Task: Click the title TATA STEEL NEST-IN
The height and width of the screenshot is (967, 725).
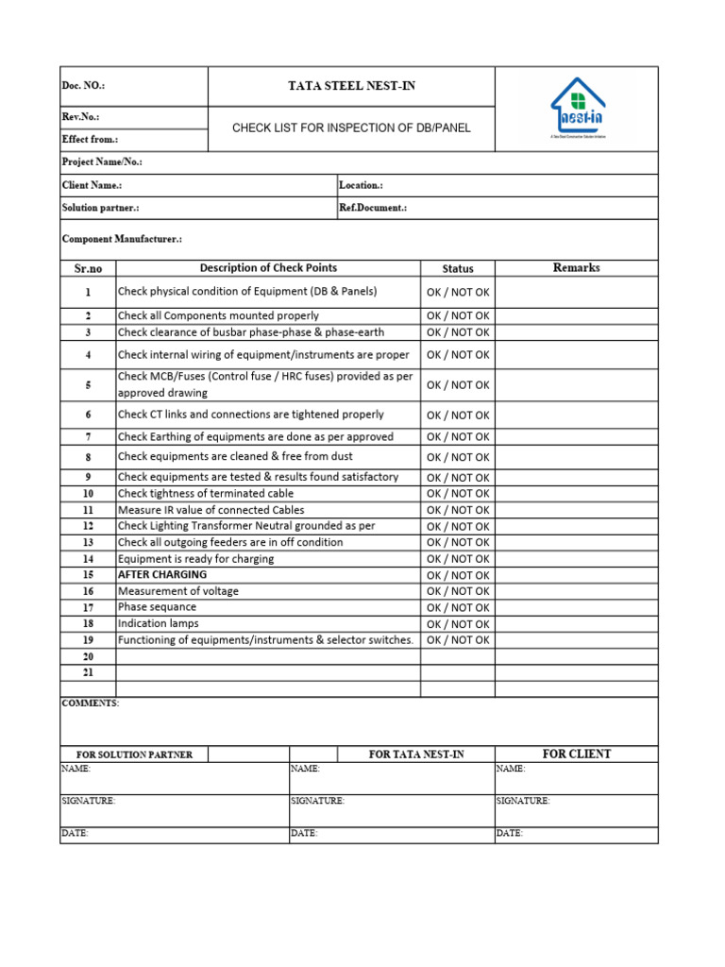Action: click(351, 86)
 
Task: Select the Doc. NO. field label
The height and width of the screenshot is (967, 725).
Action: click(83, 86)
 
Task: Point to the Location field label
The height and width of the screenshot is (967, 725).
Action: click(361, 186)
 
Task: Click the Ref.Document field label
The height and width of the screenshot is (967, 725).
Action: click(373, 208)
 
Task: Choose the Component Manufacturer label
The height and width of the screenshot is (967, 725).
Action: click(122, 240)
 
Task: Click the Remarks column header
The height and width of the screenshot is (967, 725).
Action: click(576, 268)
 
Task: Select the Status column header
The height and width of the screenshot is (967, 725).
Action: click(458, 269)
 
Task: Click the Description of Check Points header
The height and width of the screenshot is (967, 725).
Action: click(268, 268)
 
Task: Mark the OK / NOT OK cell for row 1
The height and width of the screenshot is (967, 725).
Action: click(458, 293)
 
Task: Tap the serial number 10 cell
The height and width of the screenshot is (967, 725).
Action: click(88, 494)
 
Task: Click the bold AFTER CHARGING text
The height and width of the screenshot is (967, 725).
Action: click(162, 575)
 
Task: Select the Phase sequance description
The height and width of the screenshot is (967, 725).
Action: click(158, 607)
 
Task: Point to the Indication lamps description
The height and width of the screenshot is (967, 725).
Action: click(159, 624)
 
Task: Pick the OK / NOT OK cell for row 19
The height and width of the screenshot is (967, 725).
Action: click(458, 640)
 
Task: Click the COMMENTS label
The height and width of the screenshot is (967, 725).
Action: click(91, 704)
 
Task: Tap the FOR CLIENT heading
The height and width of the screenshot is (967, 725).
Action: click(576, 754)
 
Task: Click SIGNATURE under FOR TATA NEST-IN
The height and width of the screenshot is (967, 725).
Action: click(317, 801)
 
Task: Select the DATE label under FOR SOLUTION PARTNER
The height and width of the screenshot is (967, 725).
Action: click(75, 834)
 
